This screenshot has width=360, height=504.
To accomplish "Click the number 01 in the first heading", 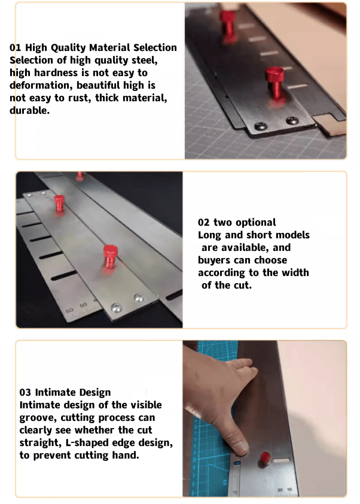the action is click(x=15, y=47).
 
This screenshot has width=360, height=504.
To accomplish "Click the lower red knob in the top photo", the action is click(x=275, y=84).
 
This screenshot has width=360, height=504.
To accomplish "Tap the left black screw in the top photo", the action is click(x=261, y=126).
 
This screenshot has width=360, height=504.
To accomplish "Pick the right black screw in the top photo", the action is click(x=292, y=121).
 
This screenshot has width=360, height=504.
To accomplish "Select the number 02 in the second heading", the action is click(x=203, y=223).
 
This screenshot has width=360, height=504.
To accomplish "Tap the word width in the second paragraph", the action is click(x=295, y=272).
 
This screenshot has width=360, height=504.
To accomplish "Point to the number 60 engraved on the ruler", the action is click(x=69, y=311).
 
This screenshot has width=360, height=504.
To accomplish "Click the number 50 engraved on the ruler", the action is click(x=83, y=305).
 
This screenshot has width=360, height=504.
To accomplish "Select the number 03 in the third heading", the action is click(x=25, y=393).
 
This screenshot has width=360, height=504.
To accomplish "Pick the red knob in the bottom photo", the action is click(x=265, y=457).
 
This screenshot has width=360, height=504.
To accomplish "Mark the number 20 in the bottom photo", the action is click(x=280, y=490).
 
